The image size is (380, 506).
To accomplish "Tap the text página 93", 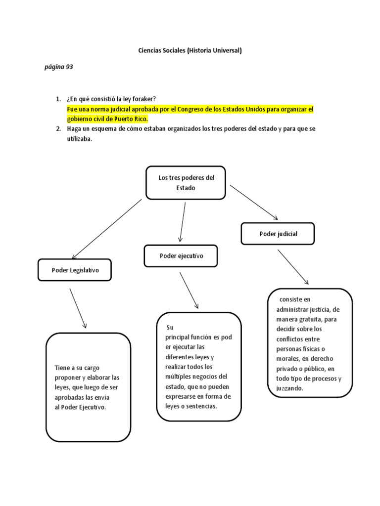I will [59, 67].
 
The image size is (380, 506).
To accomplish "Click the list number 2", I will [58, 129].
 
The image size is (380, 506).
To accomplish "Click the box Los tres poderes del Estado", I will [186, 183].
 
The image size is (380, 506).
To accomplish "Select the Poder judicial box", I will [278, 234].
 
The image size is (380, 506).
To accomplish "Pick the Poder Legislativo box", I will [75, 270].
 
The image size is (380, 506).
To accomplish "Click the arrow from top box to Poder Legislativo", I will [106, 228].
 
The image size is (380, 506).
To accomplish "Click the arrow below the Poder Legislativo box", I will [78, 308].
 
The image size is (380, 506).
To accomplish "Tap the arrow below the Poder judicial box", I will [293, 267].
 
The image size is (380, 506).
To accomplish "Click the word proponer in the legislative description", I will [68, 378].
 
